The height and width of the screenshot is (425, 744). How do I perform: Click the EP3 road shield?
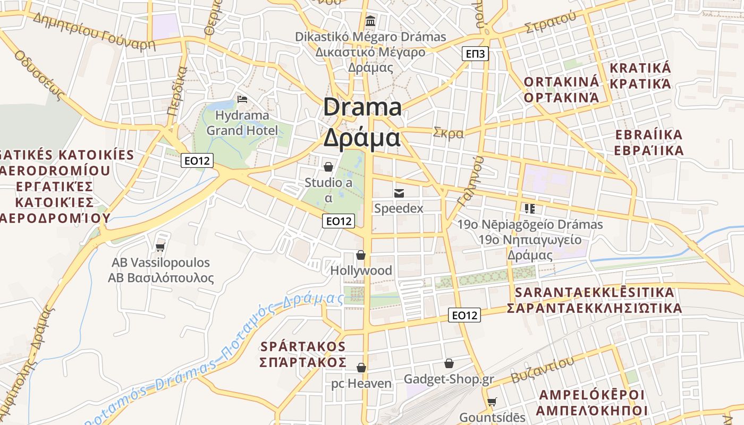point(475,54)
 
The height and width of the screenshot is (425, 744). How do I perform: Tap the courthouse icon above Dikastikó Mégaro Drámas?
point(370,21)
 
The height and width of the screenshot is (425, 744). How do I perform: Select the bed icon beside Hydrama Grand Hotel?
point(242,99)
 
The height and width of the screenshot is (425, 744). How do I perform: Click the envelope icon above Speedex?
point(399,193)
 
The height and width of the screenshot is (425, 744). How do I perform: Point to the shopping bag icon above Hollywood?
point(361,255)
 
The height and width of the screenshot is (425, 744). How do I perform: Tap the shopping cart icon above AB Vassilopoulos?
point(160,247)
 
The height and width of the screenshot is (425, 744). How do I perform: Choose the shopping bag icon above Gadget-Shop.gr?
point(449,363)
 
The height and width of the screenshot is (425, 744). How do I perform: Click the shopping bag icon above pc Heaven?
point(361,368)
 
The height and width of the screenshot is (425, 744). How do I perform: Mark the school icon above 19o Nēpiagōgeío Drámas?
point(529,208)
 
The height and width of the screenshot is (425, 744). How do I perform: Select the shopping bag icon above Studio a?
point(328,167)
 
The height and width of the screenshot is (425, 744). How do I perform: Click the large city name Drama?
point(362,107)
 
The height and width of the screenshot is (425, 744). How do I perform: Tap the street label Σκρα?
point(449,133)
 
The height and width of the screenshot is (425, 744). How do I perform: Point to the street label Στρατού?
point(550,22)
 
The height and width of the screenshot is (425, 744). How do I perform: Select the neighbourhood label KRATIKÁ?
point(640,68)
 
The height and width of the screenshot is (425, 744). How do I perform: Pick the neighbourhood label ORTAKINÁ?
point(561,82)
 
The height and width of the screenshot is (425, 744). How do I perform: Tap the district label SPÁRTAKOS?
point(303,346)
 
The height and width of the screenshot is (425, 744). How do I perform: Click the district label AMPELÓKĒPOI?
point(591,395)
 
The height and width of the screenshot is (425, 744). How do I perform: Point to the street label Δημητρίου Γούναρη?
point(94,31)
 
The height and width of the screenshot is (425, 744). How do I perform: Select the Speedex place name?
point(399,208)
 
